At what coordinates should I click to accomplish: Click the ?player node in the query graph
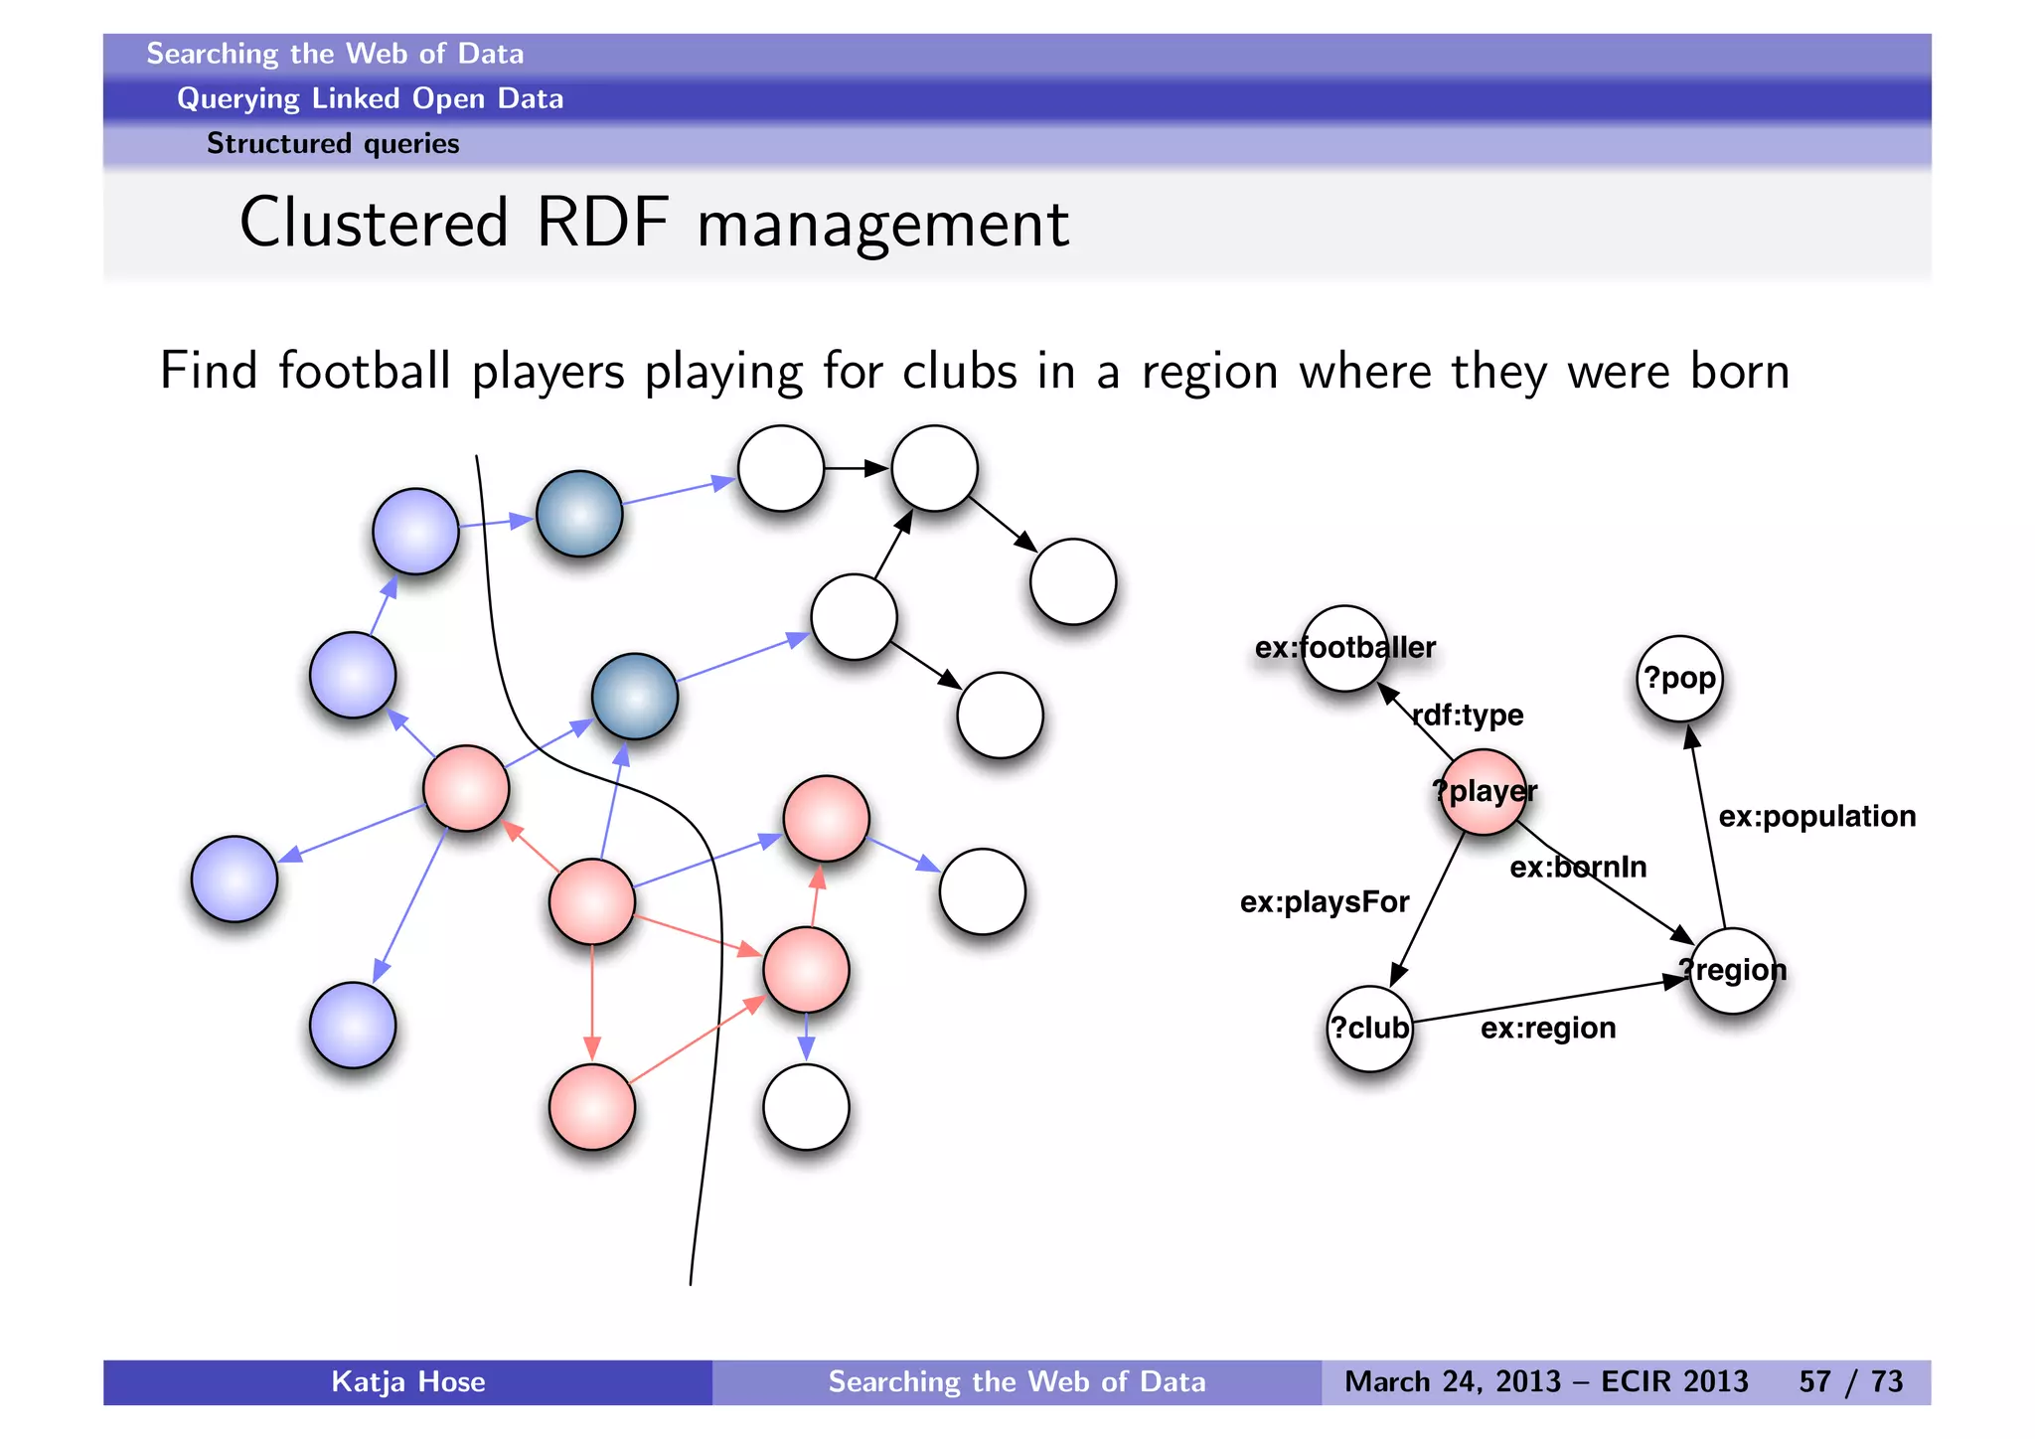1483,792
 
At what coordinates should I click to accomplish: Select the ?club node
1370,1029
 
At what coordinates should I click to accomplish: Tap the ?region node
1733,970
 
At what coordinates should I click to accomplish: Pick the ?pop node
1679,679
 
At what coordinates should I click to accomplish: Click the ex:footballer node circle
1344,648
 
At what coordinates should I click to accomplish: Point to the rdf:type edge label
1468,715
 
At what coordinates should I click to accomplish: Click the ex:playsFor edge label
1325,901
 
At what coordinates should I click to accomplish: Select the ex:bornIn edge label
1578,867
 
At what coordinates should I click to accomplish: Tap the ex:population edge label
1816,816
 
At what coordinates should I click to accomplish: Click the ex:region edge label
1548,1028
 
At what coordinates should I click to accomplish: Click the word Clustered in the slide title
374,223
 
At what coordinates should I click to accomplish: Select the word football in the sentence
365,371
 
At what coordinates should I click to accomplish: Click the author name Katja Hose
407,1381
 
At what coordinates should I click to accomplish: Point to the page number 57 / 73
1850,1381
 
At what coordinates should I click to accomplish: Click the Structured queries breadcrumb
333,144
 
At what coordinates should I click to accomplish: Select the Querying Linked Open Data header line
370,98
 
